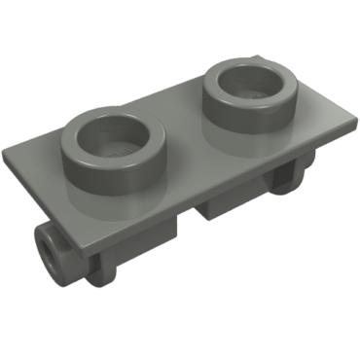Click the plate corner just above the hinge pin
point(89,259)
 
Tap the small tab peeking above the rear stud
point(264,56)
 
